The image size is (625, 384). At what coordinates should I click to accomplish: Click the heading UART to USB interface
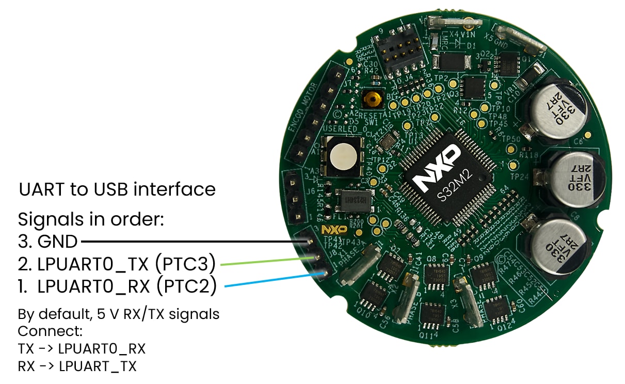[117, 189]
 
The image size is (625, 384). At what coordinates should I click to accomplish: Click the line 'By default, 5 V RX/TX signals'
[119, 314]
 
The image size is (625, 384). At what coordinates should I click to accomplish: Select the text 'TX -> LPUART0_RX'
[82, 349]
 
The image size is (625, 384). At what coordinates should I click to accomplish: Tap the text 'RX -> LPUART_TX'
[77, 366]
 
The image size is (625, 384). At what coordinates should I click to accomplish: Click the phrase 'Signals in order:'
[91, 219]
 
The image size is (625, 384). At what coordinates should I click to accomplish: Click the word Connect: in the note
[50, 331]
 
